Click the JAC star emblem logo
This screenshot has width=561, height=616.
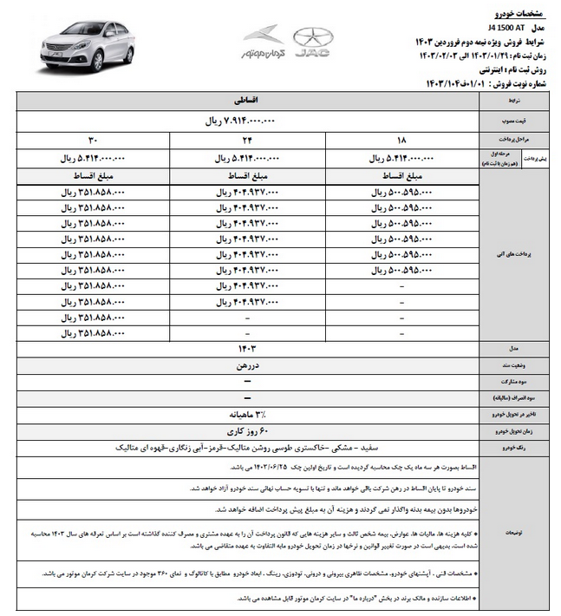312,42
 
